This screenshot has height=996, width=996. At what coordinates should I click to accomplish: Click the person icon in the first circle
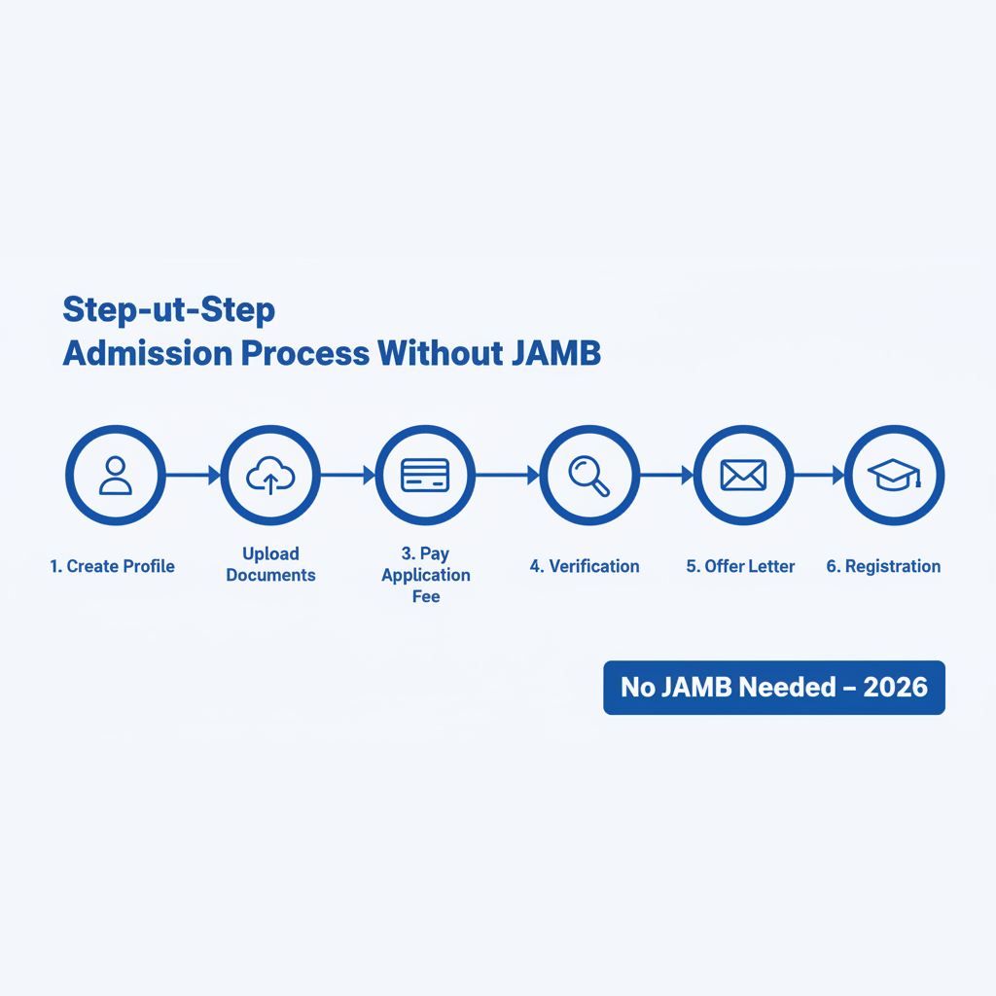click(x=116, y=475)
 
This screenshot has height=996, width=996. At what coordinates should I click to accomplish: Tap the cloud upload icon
click(x=270, y=475)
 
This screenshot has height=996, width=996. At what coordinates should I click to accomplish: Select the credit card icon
click(x=425, y=475)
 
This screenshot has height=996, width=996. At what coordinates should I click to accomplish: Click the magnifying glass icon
click(x=588, y=475)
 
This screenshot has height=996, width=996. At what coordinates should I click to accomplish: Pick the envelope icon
click(x=743, y=475)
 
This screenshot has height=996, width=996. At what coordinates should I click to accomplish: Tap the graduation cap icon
click(x=894, y=475)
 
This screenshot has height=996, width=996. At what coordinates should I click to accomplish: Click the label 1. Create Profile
click(x=113, y=566)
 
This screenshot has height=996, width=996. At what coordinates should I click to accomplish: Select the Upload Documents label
click(x=270, y=564)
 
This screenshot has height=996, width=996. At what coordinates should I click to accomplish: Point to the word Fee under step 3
click(x=426, y=596)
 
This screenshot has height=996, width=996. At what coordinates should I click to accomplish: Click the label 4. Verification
click(x=585, y=566)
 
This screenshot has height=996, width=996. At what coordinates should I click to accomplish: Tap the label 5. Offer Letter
click(x=740, y=566)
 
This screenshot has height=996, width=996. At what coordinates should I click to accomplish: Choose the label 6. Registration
click(x=883, y=566)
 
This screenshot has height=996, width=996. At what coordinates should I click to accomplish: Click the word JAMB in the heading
click(x=555, y=353)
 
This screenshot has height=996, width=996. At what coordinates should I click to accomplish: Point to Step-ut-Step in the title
click(x=169, y=310)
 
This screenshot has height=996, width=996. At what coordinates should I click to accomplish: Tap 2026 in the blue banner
click(x=895, y=688)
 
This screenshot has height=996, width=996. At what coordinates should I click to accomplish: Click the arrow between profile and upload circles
click(x=194, y=475)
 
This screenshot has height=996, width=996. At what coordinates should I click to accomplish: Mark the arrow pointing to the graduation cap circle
click(x=819, y=475)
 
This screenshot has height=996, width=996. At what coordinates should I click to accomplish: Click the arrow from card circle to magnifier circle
click(x=507, y=475)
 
